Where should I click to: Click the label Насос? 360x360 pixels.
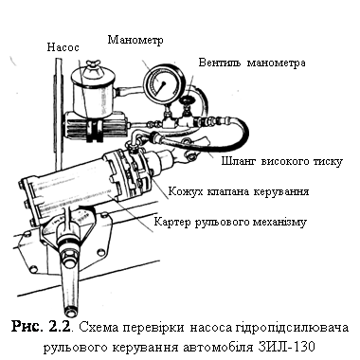point(63,47)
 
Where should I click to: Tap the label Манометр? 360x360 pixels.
point(135,40)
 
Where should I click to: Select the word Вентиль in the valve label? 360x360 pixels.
point(220,63)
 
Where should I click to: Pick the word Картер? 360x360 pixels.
point(172,222)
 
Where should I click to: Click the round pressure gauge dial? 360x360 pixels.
point(159,84)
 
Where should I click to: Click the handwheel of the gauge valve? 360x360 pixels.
point(188,101)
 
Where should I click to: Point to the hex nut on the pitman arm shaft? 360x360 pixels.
point(69,257)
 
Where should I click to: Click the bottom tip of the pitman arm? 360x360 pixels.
point(71,315)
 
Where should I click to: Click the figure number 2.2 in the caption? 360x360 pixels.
point(59,327)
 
